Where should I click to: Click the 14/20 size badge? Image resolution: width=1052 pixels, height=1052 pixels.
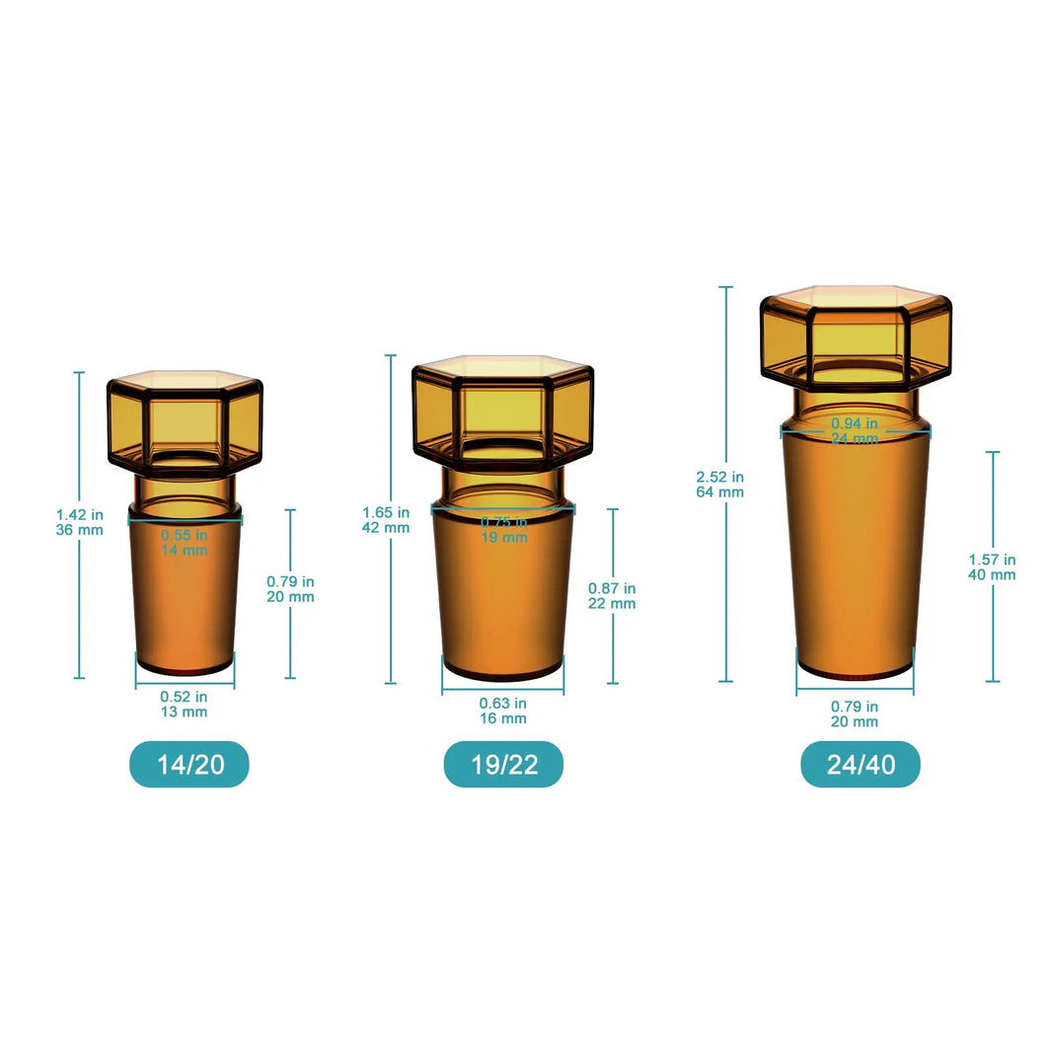[x=189, y=764]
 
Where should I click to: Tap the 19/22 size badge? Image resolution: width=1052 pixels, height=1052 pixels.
[x=503, y=765]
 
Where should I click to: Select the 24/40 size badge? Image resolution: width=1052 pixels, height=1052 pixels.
[x=860, y=765]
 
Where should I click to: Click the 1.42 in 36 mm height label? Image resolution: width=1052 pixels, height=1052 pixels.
[x=80, y=522]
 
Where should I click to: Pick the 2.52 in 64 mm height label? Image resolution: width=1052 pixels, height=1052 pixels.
[x=720, y=484]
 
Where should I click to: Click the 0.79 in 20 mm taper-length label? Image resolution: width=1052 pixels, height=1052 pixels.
[x=290, y=588]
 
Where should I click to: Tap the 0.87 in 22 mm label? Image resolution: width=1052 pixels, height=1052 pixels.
[x=612, y=595]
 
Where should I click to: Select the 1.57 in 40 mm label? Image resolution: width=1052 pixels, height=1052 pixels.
[x=992, y=566]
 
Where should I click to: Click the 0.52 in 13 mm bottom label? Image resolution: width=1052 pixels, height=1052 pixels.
[x=185, y=704]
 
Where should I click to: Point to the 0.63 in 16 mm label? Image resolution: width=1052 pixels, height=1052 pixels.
[x=503, y=711]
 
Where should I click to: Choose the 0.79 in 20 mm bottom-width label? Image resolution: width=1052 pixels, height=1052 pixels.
[x=855, y=714]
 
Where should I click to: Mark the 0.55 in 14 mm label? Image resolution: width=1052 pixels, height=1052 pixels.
[x=185, y=542]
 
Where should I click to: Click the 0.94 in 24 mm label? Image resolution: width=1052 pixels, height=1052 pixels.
[x=855, y=431]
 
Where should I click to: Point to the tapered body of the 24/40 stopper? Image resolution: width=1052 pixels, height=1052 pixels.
[x=855, y=563]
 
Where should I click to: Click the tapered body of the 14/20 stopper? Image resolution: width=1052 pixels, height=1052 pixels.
[x=185, y=602]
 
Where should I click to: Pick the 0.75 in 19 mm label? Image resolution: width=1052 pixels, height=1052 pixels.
[x=503, y=529]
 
